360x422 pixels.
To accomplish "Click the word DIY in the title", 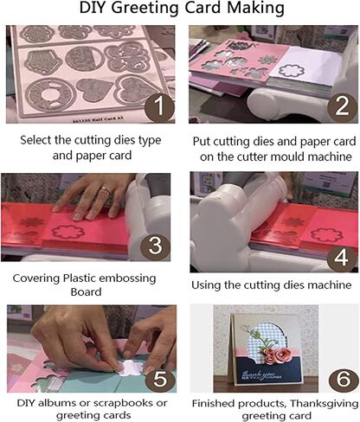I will coord(93,10).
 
